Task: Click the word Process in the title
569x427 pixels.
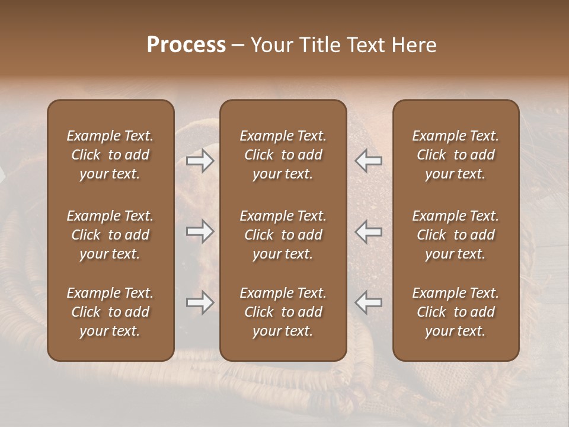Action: [186, 45]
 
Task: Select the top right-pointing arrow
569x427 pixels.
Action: [200, 161]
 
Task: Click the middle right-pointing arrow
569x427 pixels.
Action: [200, 231]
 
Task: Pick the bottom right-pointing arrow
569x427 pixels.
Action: [200, 302]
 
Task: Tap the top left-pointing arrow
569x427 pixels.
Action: [369, 161]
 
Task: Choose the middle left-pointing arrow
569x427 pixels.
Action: [369, 231]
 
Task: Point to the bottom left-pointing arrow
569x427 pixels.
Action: [369, 302]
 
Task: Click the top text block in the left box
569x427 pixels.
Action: [110, 155]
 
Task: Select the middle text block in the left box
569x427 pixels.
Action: [110, 235]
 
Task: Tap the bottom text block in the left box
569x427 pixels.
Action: [110, 312]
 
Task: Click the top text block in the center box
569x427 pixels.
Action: [283, 155]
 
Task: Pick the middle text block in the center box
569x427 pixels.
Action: [283, 235]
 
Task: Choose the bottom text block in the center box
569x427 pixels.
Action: [283, 312]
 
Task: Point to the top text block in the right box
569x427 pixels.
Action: [456, 155]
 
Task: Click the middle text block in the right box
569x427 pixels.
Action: [456, 235]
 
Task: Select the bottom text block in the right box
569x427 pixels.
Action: [456, 312]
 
